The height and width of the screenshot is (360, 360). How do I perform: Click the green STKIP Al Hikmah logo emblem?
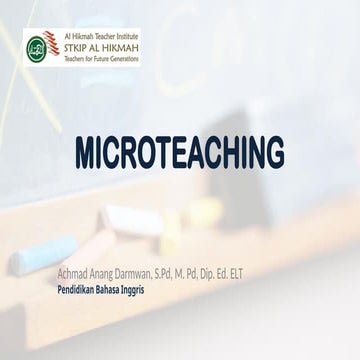pos(39,46)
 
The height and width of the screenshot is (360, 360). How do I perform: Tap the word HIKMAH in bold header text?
pos(122,46)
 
